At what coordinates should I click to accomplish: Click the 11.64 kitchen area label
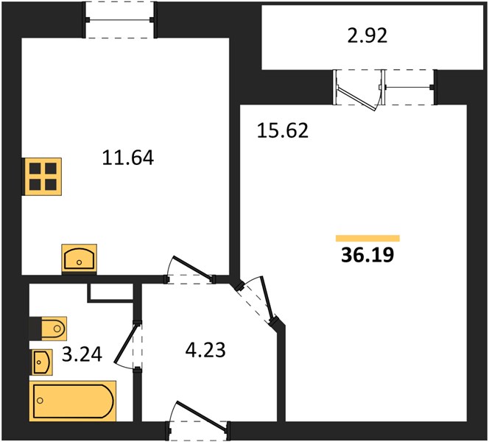coord(128,158)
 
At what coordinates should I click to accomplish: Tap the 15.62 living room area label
coord(283,130)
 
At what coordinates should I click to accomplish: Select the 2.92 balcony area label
coord(367,35)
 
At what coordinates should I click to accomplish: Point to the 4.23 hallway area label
coord(205,350)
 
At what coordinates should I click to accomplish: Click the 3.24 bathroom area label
coord(82,354)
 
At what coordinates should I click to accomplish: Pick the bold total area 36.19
coord(367,255)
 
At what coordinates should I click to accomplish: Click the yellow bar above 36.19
coord(367,239)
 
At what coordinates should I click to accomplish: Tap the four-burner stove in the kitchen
coord(43,177)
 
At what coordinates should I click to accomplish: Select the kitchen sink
coord(80,259)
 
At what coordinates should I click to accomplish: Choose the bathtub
coord(73,401)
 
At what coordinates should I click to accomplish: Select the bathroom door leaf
coord(125,344)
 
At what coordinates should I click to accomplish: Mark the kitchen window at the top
coord(120,20)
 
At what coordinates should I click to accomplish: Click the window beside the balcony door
coord(408,87)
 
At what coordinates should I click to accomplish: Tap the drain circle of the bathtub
coord(40,401)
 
